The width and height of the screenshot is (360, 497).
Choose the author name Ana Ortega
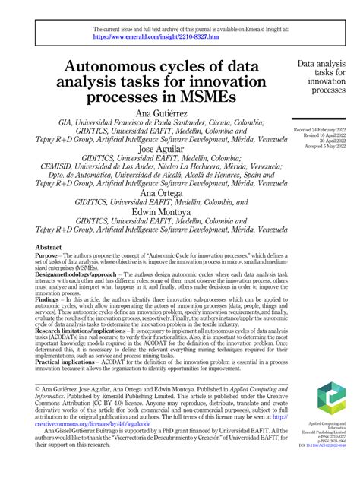(160, 194)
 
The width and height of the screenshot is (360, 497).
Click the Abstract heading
(49, 248)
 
